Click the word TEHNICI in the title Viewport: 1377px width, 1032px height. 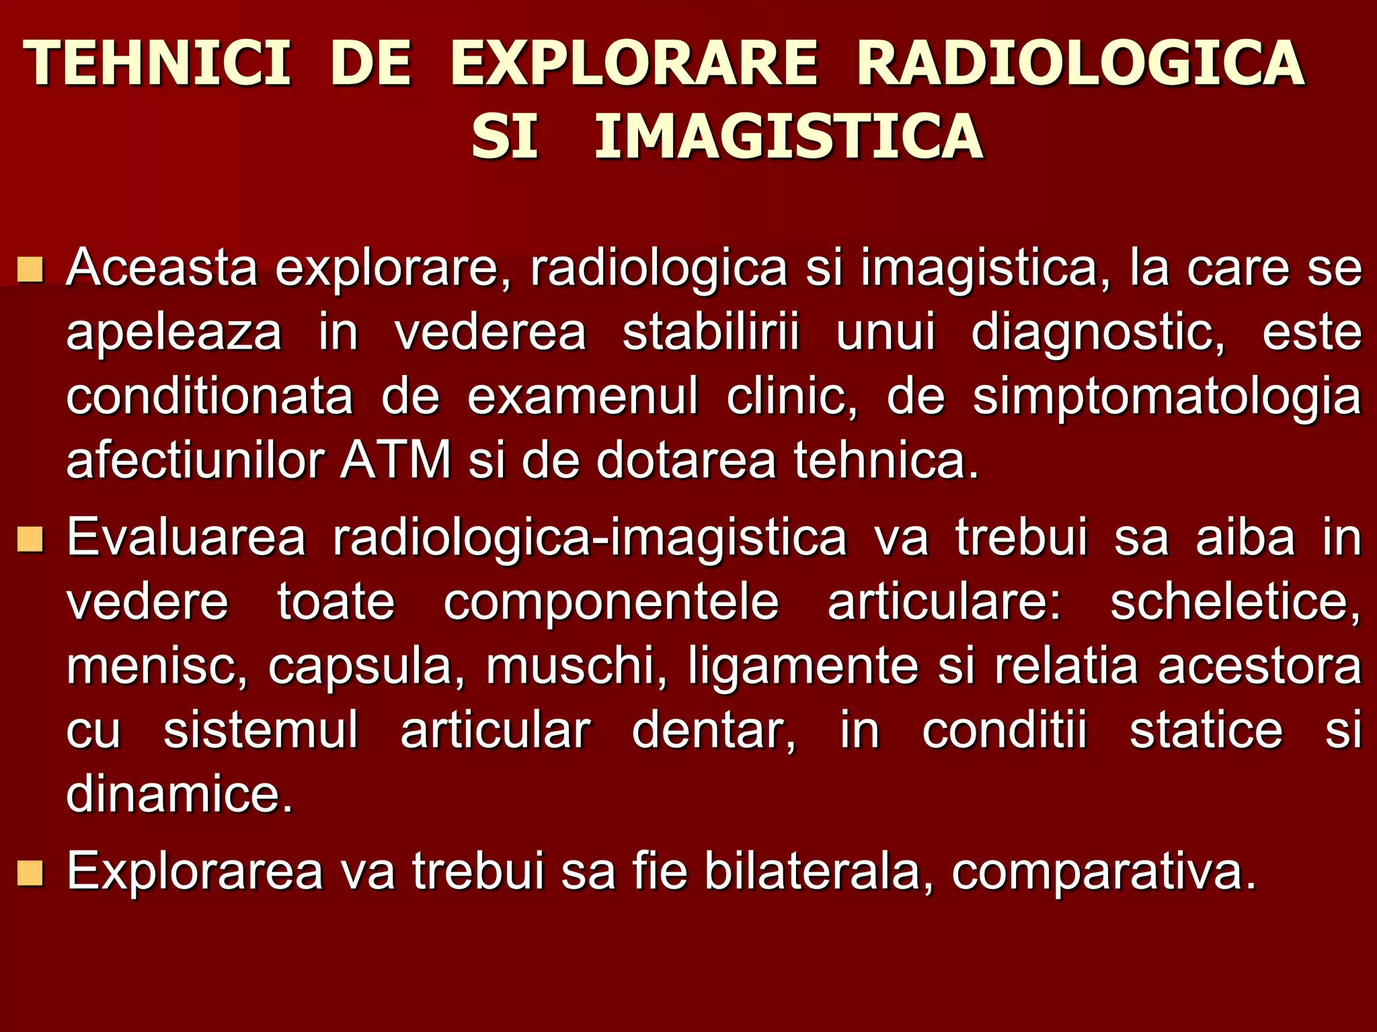(x=157, y=63)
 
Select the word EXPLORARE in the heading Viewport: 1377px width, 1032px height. (x=634, y=63)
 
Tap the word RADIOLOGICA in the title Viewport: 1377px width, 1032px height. (x=1080, y=63)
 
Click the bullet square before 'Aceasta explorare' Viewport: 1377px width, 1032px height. (x=31, y=269)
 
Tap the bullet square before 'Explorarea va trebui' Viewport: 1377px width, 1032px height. (x=31, y=873)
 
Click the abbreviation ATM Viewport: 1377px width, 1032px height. (x=395, y=461)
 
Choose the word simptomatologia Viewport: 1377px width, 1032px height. (x=1167, y=397)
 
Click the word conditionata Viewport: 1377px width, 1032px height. (x=210, y=397)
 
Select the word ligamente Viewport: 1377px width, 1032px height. (x=803, y=666)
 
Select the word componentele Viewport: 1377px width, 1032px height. (x=611, y=602)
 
